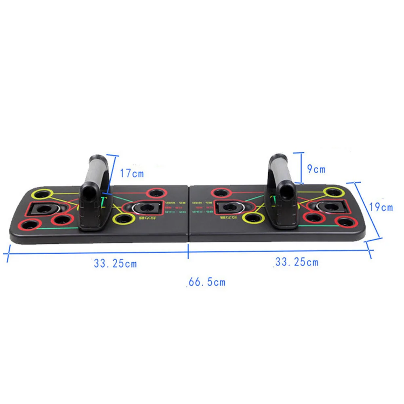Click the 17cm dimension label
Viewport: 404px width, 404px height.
(131, 174)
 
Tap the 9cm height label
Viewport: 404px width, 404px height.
(316, 169)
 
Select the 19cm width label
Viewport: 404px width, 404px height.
(381, 207)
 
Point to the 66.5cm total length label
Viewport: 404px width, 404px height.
(206, 282)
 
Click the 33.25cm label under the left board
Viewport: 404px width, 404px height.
(115, 264)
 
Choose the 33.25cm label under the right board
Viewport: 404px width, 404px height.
(297, 262)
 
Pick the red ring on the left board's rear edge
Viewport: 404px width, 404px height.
(156, 193)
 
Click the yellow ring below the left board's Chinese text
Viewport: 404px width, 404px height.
(124, 219)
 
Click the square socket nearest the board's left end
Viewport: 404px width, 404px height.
(42, 209)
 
